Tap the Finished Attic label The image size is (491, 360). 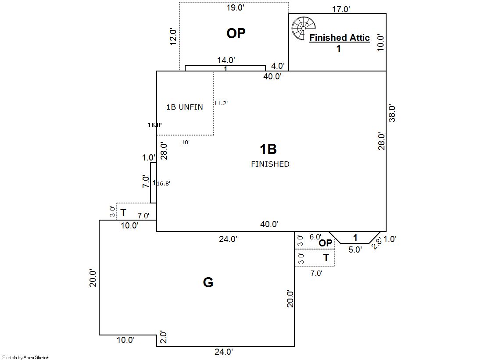pos(340,38)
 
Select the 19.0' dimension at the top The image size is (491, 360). pos(235,7)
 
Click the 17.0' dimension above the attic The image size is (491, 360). pos(340,9)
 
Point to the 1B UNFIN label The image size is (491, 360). pos(184,107)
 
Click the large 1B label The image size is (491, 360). pos(268,149)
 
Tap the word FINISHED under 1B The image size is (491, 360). pos(270,164)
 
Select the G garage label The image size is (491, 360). pos(208,282)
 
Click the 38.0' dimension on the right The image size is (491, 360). pos(392,113)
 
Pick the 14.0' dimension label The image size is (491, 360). pos(226,60)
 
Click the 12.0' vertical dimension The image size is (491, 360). pos(173,37)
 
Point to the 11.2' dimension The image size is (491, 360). pos(221,103)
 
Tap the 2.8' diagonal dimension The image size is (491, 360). pos(376,243)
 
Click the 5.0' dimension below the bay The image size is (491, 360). pos(355,250)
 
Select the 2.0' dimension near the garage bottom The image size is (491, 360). pos(164,337)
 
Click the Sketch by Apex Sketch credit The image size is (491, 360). pos(26,357)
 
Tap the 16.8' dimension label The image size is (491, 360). pos(163,183)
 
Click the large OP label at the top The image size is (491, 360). pos(236,33)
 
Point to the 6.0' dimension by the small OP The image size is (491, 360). pos(315,237)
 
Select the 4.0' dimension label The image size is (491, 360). pos(278,66)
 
